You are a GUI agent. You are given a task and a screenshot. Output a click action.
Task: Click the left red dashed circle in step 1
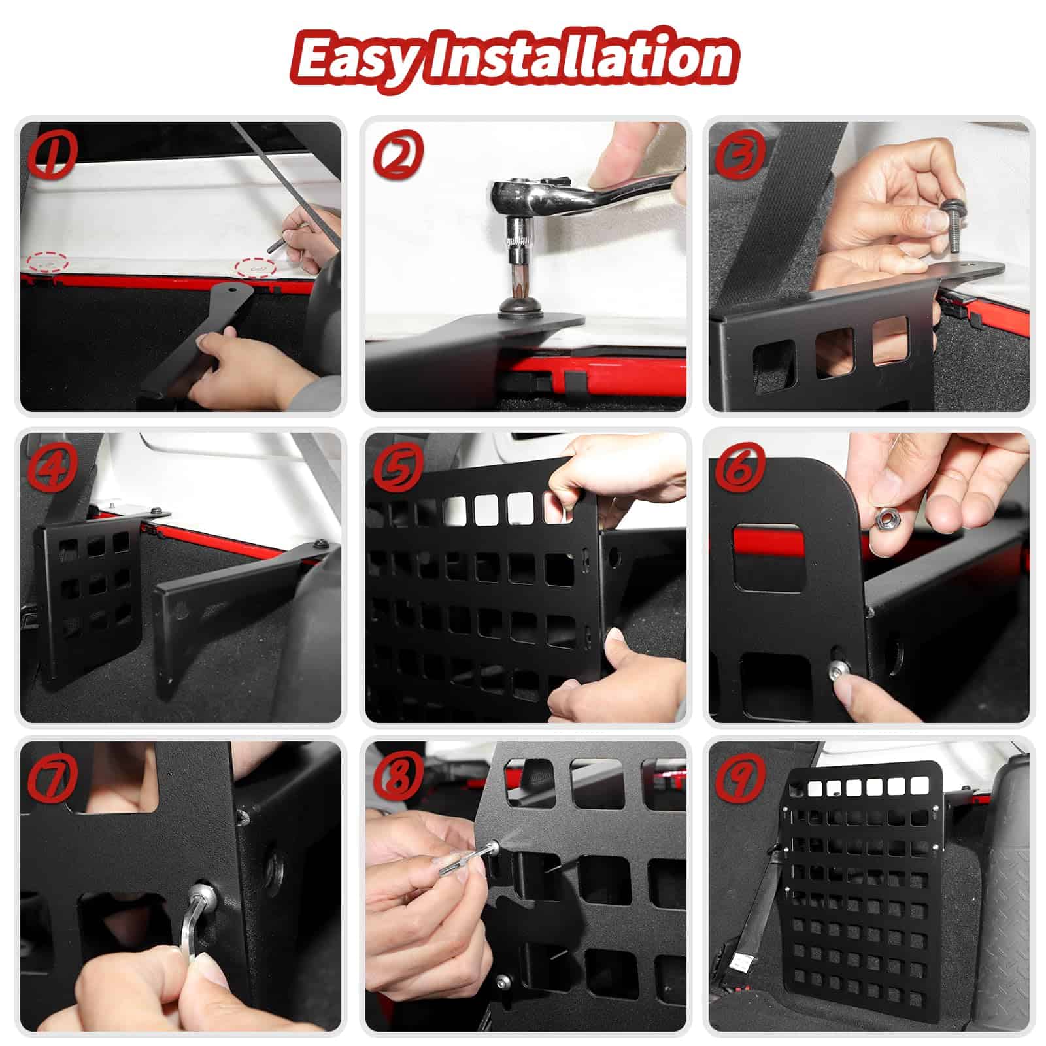pos(47,261)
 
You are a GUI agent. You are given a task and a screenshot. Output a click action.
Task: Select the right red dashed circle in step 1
pos(256,266)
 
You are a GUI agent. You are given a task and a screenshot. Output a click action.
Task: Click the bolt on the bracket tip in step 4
pos(322,544)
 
